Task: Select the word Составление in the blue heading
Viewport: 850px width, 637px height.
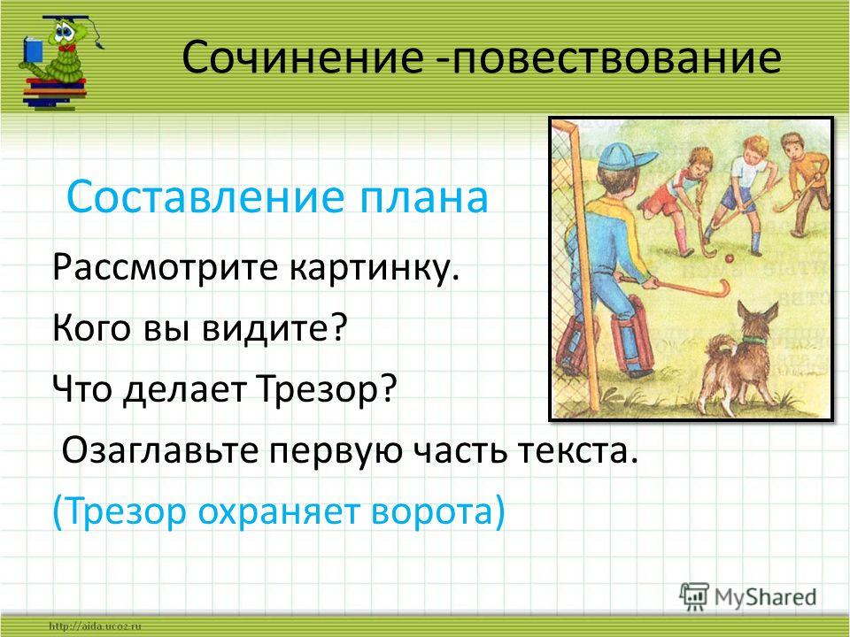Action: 205,196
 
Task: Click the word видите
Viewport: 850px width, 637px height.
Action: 274,326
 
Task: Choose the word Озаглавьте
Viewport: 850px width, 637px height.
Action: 160,450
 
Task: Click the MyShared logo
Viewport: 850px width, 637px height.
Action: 748,597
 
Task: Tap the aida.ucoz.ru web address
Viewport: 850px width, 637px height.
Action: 96,626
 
